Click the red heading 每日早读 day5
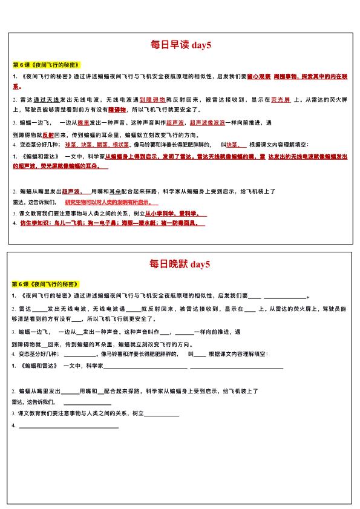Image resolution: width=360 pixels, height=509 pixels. [x=180, y=45]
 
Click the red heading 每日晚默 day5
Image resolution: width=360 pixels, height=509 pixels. [x=180, y=264]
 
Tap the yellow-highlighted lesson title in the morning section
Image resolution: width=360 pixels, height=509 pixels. [x=46, y=65]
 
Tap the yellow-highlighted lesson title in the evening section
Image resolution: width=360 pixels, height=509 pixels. [x=46, y=284]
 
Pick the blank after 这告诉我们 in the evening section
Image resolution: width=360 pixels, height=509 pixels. [x=87, y=403]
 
